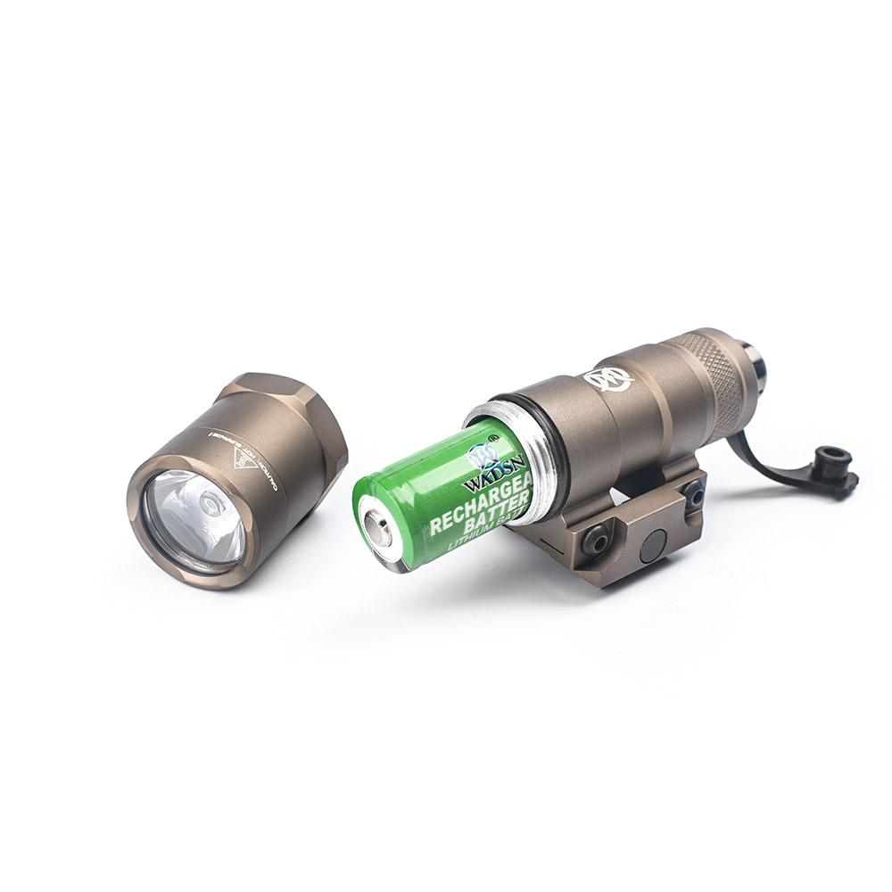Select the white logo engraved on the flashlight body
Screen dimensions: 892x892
pos(608,379)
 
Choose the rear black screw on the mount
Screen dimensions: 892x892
pos(693,491)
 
